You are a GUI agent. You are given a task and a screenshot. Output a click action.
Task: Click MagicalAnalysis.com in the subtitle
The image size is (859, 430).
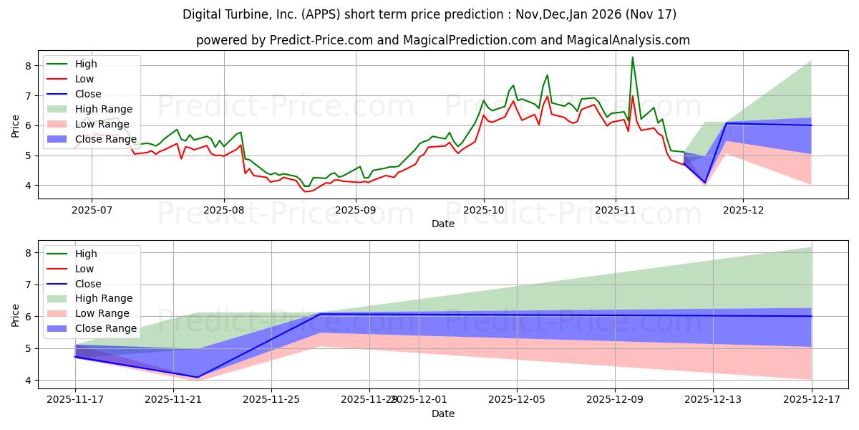pos(629,40)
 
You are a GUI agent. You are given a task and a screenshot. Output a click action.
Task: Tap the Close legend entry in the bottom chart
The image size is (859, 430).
pos(88,284)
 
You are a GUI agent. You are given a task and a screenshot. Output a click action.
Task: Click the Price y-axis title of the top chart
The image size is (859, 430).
pos(15,125)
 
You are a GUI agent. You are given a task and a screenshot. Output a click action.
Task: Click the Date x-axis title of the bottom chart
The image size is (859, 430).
pos(443,414)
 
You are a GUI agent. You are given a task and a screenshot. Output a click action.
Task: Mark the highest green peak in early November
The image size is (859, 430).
pos(632,57)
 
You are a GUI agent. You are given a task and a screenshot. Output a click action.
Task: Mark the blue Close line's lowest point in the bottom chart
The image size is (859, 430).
pos(198,377)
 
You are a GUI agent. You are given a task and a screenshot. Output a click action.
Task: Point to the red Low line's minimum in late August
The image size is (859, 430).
pos(305,191)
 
